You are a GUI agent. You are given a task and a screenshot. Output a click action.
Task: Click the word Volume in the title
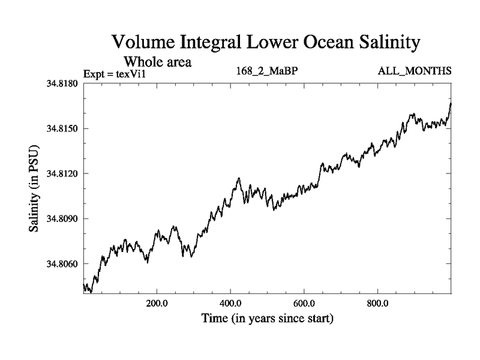pyautogui.click(x=144, y=43)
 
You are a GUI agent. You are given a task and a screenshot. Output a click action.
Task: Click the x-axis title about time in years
pyautogui.click(x=267, y=318)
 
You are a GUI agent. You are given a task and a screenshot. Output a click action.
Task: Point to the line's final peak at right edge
pyautogui.click(x=451, y=103)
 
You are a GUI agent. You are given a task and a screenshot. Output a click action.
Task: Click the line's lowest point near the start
pyautogui.click(x=91, y=292)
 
